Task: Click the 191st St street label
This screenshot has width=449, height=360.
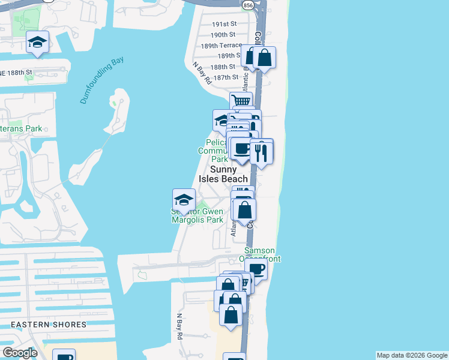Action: (x=225, y=24)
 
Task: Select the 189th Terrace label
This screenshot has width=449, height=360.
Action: (x=221, y=46)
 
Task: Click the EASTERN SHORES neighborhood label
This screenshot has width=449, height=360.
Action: (x=49, y=325)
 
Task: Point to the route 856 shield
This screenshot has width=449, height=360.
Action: (x=249, y=5)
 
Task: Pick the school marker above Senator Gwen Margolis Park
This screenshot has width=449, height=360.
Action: (x=184, y=199)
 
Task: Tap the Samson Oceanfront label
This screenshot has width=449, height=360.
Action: (x=259, y=254)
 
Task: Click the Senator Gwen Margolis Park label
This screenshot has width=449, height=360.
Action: (x=197, y=215)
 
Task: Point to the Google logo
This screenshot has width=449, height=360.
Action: (x=20, y=353)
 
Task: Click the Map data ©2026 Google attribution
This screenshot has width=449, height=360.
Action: (x=411, y=355)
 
